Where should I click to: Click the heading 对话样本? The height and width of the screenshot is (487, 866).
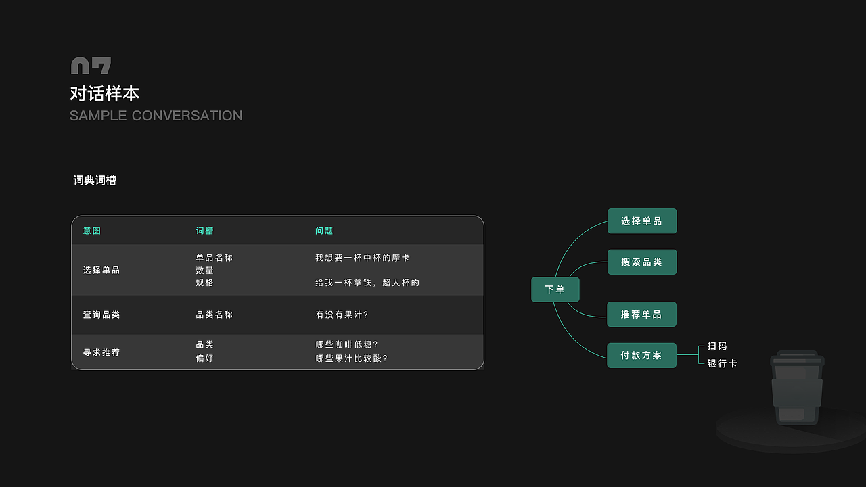tap(104, 93)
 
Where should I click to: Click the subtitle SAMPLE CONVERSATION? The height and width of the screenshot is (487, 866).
tap(156, 116)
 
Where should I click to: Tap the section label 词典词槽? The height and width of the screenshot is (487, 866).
tap(95, 181)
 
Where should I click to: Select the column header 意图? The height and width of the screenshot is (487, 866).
tap(92, 231)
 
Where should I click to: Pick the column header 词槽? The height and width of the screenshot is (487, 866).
tap(204, 231)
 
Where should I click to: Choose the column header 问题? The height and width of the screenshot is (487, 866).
tap(324, 231)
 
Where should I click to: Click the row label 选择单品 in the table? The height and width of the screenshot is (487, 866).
tap(101, 270)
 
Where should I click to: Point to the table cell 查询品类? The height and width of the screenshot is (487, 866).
tap(101, 315)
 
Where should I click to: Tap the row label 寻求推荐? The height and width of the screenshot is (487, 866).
tap(101, 352)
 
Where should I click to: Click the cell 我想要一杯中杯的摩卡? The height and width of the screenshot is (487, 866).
tap(363, 258)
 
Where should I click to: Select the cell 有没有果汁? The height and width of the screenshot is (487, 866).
tap(342, 315)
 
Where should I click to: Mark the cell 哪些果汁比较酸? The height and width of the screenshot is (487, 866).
tap(352, 358)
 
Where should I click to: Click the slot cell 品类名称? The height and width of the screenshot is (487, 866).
tap(214, 315)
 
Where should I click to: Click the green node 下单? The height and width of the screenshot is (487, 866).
tap(555, 289)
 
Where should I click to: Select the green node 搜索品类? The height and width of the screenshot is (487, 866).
tap(641, 262)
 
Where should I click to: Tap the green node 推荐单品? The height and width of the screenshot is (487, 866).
tap(641, 315)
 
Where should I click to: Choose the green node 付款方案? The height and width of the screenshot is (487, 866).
tap(641, 355)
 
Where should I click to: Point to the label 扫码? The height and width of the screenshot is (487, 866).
tap(716, 346)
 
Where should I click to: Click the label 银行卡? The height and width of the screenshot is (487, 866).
tap(722, 363)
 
